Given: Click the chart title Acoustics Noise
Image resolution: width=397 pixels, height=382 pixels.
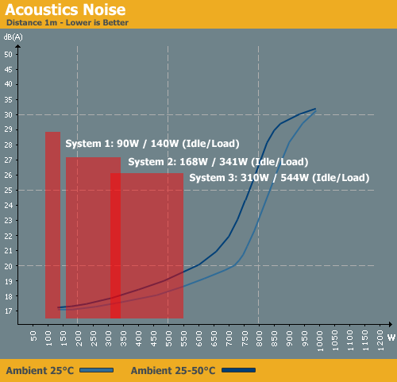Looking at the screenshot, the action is [65, 10].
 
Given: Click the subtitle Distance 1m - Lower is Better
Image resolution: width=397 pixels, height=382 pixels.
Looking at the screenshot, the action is [67, 23].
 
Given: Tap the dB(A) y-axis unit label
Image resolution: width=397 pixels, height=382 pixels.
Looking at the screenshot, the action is [13, 37].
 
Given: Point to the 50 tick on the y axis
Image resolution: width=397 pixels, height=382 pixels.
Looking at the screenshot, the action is [8, 55].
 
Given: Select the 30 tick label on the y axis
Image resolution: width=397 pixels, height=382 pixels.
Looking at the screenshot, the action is [8, 115].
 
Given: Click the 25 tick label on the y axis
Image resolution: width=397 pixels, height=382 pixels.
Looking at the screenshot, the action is [8, 190].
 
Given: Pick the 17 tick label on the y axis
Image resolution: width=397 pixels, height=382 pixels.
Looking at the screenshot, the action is [8, 311].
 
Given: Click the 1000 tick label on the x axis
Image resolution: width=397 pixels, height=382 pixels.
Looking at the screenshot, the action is [320, 341].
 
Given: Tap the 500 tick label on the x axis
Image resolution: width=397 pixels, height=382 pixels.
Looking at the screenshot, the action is [168, 338].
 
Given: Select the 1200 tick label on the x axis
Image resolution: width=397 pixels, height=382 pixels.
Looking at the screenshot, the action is [380, 341].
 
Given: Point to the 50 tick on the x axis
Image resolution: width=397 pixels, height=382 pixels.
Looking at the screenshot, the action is [33, 336].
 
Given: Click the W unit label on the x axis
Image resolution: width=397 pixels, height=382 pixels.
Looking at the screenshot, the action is [391, 338].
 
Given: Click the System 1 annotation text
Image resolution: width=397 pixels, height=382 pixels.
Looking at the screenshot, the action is [152, 144].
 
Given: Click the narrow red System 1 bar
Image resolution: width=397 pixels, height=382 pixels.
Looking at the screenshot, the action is [52, 225].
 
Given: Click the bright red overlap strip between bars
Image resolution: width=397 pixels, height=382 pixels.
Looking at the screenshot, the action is [115, 245].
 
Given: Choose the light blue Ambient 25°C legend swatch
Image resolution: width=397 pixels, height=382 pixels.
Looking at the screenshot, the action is [96, 370].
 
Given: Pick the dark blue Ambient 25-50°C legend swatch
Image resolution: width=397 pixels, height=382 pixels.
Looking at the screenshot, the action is [238, 370].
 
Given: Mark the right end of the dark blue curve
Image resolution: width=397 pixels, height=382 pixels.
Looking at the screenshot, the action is [315, 109].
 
